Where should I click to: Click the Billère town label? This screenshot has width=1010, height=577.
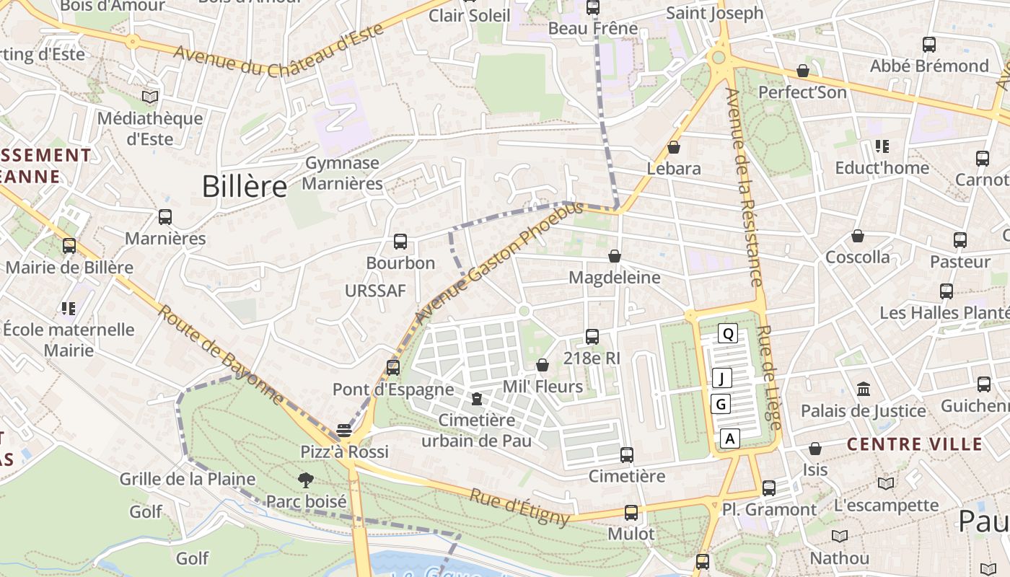(x=245, y=186)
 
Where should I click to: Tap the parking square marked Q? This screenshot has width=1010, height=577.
(x=728, y=333)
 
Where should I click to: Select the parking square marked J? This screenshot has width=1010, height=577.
(x=721, y=378)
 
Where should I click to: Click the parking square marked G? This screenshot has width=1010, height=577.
(x=721, y=404)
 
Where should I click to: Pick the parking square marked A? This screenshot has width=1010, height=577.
(x=730, y=438)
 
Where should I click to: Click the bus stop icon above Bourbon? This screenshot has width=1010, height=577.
(x=400, y=242)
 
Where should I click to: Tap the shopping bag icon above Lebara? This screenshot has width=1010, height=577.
(x=674, y=147)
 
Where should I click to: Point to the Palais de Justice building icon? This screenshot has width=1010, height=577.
(x=864, y=389)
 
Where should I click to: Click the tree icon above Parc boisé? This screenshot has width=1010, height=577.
(x=306, y=480)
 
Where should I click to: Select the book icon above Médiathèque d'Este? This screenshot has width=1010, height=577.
(x=150, y=97)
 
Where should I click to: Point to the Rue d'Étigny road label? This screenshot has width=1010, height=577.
(x=519, y=507)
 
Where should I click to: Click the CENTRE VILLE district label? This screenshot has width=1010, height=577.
(x=914, y=444)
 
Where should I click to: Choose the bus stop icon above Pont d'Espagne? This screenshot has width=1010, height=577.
(x=393, y=368)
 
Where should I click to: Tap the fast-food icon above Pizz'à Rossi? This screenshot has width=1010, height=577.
(x=344, y=431)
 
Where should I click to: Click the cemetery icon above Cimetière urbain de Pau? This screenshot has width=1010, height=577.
(x=476, y=399)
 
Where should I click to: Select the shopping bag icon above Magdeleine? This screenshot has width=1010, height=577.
(x=615, y=256)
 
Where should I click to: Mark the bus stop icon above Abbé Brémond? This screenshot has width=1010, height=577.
(x=929, y=45)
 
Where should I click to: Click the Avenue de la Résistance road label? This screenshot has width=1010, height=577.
(x=744, y=188)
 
